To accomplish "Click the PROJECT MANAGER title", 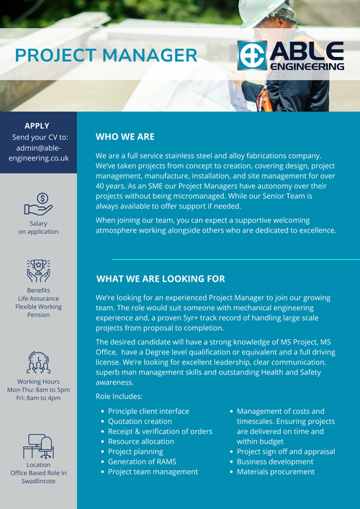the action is pos(105,55).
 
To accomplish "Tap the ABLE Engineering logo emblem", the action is pos(252,55).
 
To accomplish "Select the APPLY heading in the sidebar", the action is pos(37,125).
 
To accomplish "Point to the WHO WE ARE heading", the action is pos(125,136).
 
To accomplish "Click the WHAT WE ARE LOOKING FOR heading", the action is pos(160,279).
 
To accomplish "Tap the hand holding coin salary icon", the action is pos(39,204).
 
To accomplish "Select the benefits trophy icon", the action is pos(38,271).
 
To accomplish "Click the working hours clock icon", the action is pos(38,361).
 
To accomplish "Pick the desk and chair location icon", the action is pos(38,446).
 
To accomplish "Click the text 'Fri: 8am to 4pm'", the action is pos(39,398).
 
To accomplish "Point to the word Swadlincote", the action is pos(39,480).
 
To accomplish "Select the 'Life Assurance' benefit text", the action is pos(39,298).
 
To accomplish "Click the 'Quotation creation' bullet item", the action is pos(140,421).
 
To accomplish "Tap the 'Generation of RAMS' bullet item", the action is pos(142,461).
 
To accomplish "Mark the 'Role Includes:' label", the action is pos(119,397).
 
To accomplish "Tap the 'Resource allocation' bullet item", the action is pos(141,441).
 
